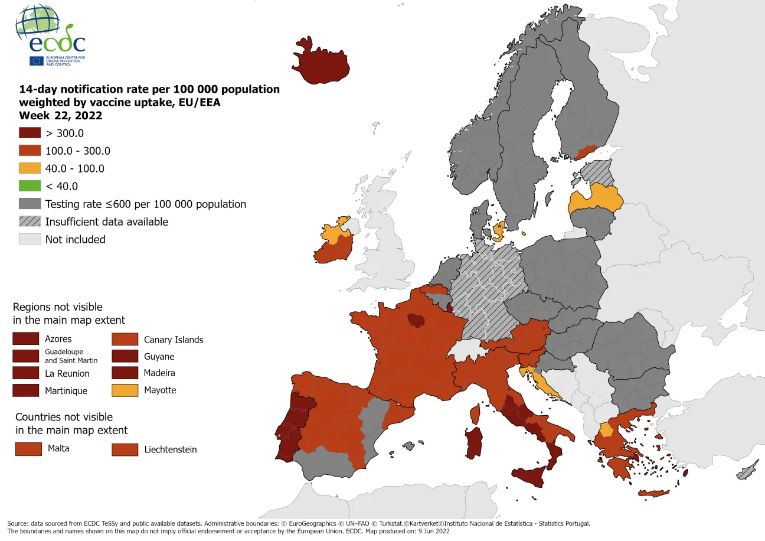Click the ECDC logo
(x=51, y=37)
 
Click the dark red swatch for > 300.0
(x=30, y=133)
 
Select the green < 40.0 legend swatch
(x=30, y=186)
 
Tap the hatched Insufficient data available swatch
(x=30, y=221)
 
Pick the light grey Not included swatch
(x=30, y=239)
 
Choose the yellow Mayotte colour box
(x=125, y=390)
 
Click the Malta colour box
(x=28, y=449)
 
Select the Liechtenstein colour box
(x=125, y=449)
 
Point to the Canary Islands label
(x=174, y=340)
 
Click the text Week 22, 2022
(x=61, y=115)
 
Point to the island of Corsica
(x=475, y=414)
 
